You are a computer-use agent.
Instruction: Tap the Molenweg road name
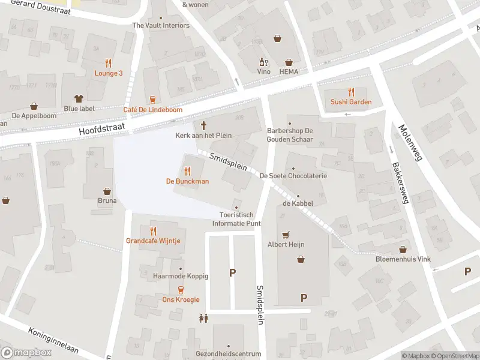[x=410, y=142]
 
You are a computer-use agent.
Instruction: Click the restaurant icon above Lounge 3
[x=109, y=62]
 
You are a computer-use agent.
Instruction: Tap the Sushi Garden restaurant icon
[x=351, y=92]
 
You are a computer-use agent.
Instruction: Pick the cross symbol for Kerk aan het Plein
[x=203, y=125]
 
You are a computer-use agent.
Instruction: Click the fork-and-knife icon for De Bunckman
[x=188, y=171]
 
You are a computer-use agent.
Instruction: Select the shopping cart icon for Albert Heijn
[x=286, y=235]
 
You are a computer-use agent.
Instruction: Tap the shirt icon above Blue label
[x=79, y=98]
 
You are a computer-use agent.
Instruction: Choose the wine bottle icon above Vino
[x=262, y=61]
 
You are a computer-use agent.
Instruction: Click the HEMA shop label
[x=289, y=71]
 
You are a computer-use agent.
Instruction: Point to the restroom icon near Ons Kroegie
[x=203, y=318]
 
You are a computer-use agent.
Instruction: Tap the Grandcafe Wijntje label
[x=153, y=241]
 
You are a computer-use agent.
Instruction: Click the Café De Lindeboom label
[x=152, y=110]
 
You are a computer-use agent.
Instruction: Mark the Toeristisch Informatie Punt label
[x=236, y=219]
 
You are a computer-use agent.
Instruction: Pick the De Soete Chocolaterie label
[x=293, y=176]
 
